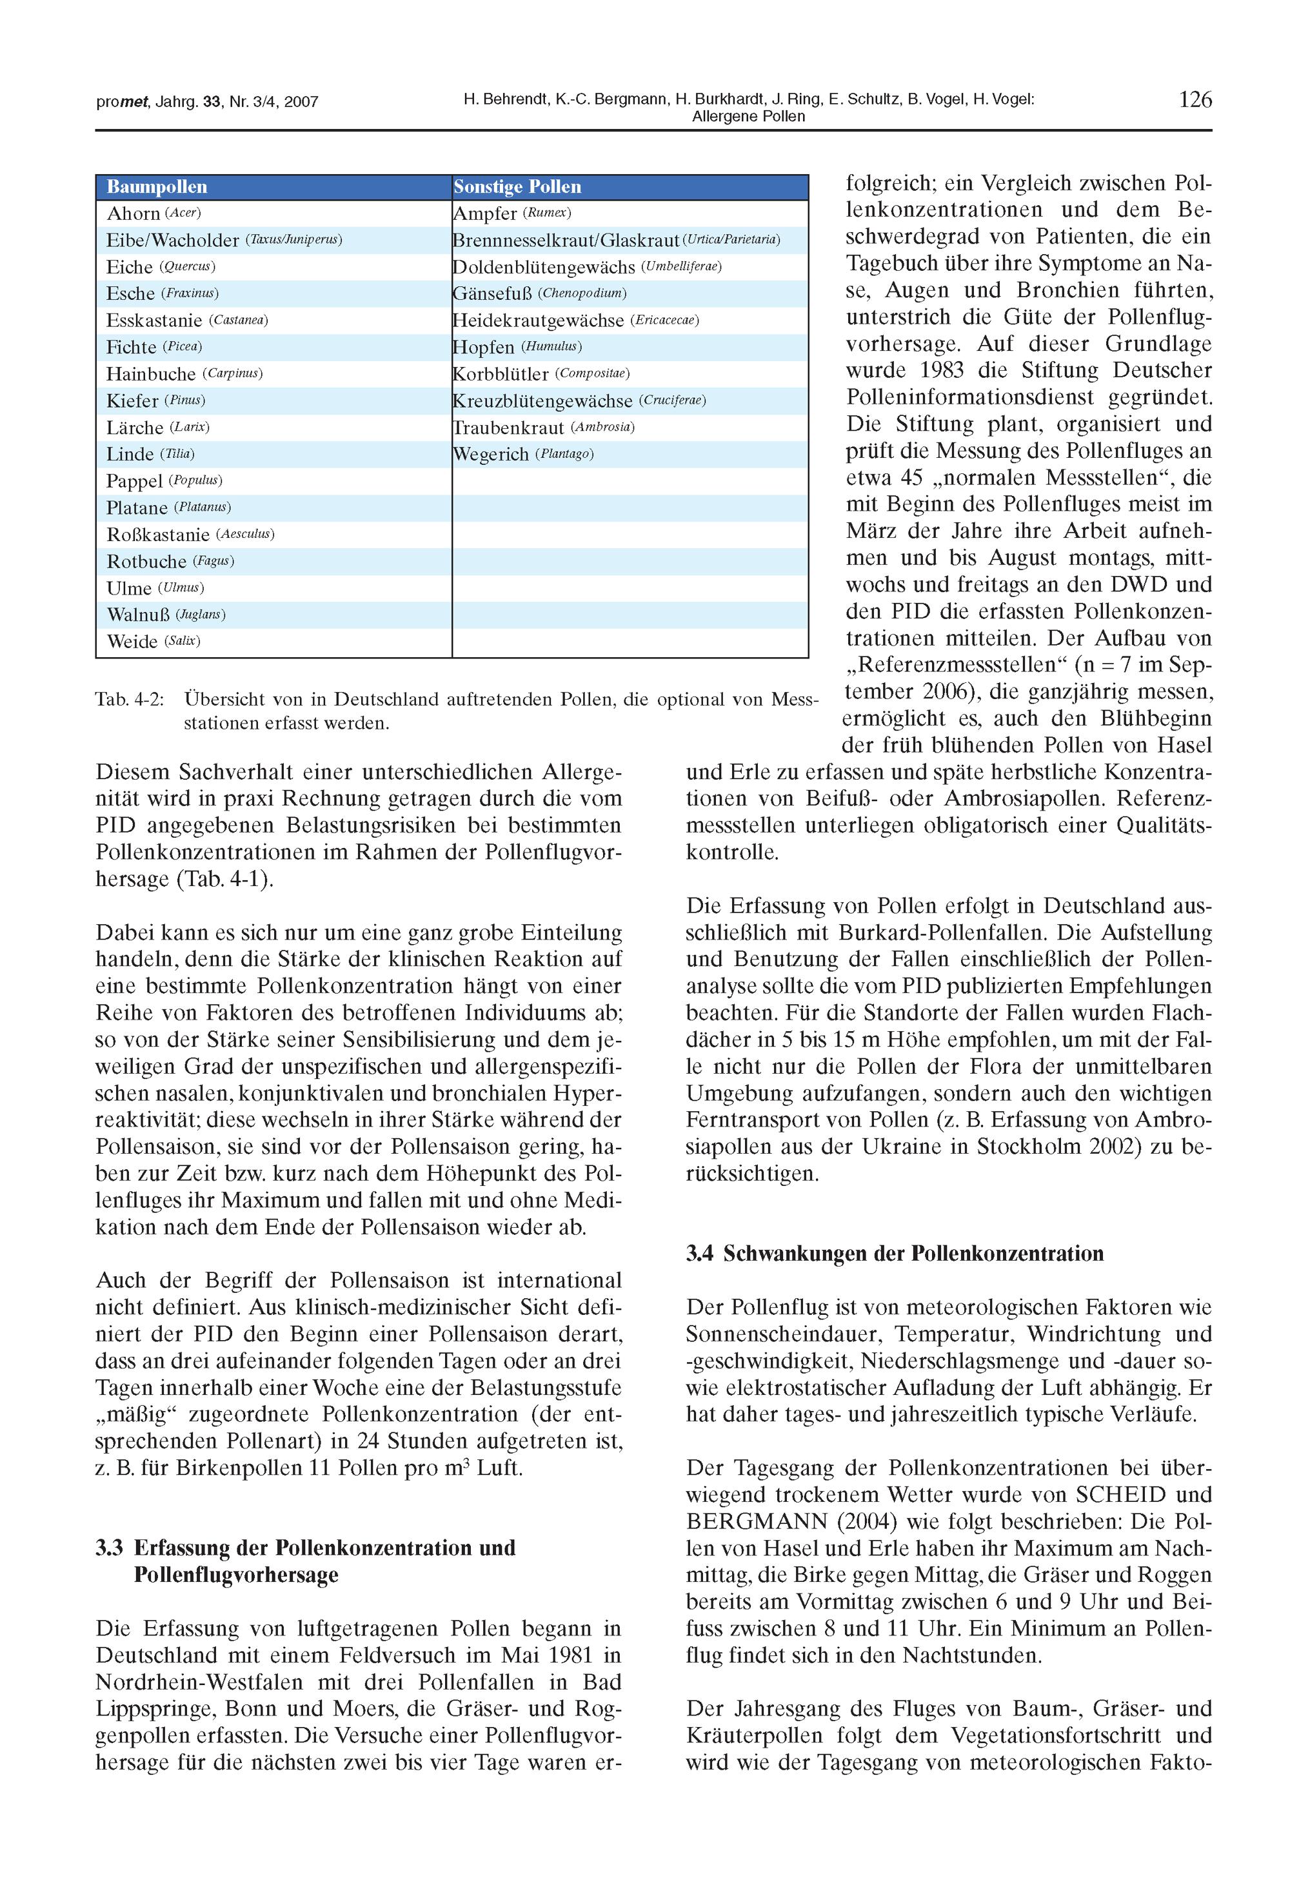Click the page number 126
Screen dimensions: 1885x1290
[1195, 100]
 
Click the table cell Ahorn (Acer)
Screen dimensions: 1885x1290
[154, 213]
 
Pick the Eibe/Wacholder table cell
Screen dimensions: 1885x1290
[224, 240]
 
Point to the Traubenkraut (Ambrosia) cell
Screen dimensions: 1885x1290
[543, 428]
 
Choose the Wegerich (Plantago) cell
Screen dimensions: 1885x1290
[522, 454]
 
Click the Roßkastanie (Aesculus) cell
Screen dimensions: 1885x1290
[190, 535]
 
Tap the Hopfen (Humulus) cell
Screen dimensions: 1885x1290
[517, 347]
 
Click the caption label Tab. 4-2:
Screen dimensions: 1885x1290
[130, 699]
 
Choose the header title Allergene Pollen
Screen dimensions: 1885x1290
[748, 117]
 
